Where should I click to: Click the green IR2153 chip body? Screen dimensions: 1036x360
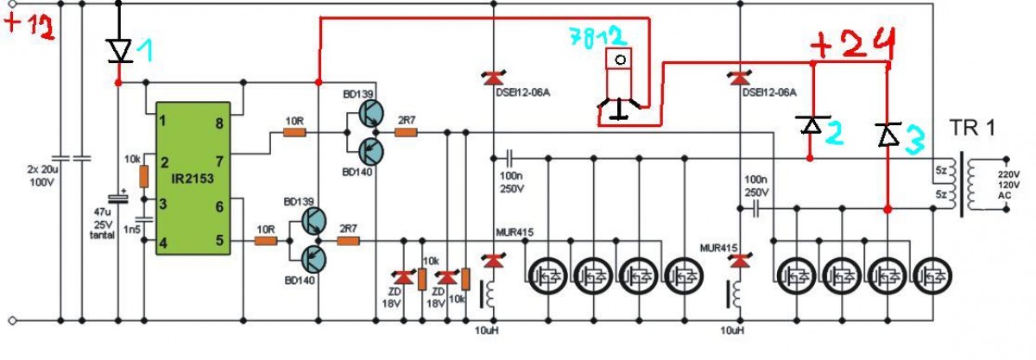click(193, 178)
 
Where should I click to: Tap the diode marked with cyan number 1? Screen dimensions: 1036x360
click(119, 50)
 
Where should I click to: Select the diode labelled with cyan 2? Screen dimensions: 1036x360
click(812, 124)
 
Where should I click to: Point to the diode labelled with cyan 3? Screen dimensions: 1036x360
click(888, 134)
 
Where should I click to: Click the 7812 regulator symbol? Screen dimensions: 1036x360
click(619, 82)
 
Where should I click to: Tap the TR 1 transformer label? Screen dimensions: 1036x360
click(972, 128)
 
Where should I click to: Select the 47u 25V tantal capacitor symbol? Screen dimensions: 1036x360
click(117, 199)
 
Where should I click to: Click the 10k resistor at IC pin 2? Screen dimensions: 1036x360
click(144, 176)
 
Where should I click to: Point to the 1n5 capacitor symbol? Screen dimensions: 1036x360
click(144, 218)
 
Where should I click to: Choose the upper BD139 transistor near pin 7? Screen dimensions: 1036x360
click(371, 114)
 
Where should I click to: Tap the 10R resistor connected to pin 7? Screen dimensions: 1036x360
click(294, 133)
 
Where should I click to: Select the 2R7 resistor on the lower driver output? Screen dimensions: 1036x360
click(348, 241)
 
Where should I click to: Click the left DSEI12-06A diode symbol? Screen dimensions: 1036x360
click(494, 78)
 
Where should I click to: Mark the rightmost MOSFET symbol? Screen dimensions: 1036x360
click(933, 277)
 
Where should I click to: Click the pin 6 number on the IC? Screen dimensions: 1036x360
click(219, 207)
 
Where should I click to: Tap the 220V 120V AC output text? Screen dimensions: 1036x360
click(1008, 185)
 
